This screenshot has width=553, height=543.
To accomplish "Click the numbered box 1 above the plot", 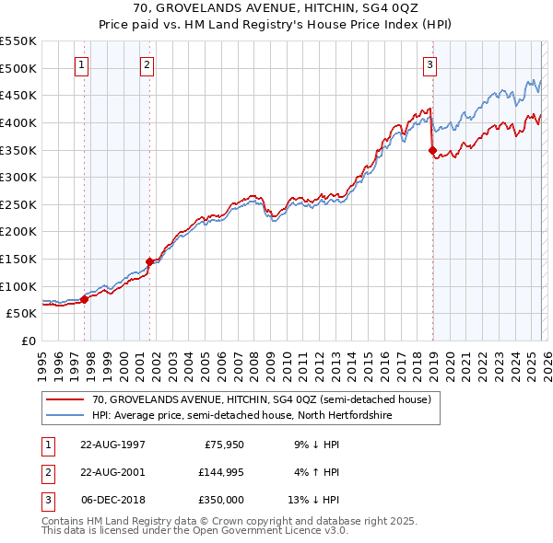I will (82, 64).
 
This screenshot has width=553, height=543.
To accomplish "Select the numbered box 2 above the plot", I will (147, 64).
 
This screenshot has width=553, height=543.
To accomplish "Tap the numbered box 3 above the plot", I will (429, 64).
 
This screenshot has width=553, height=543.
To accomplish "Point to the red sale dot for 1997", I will (84, 298).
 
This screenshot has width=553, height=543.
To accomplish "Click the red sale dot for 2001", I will (149, 261).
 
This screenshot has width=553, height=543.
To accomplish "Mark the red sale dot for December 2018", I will (432, 150).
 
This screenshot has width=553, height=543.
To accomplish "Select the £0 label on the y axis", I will (27, 341).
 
